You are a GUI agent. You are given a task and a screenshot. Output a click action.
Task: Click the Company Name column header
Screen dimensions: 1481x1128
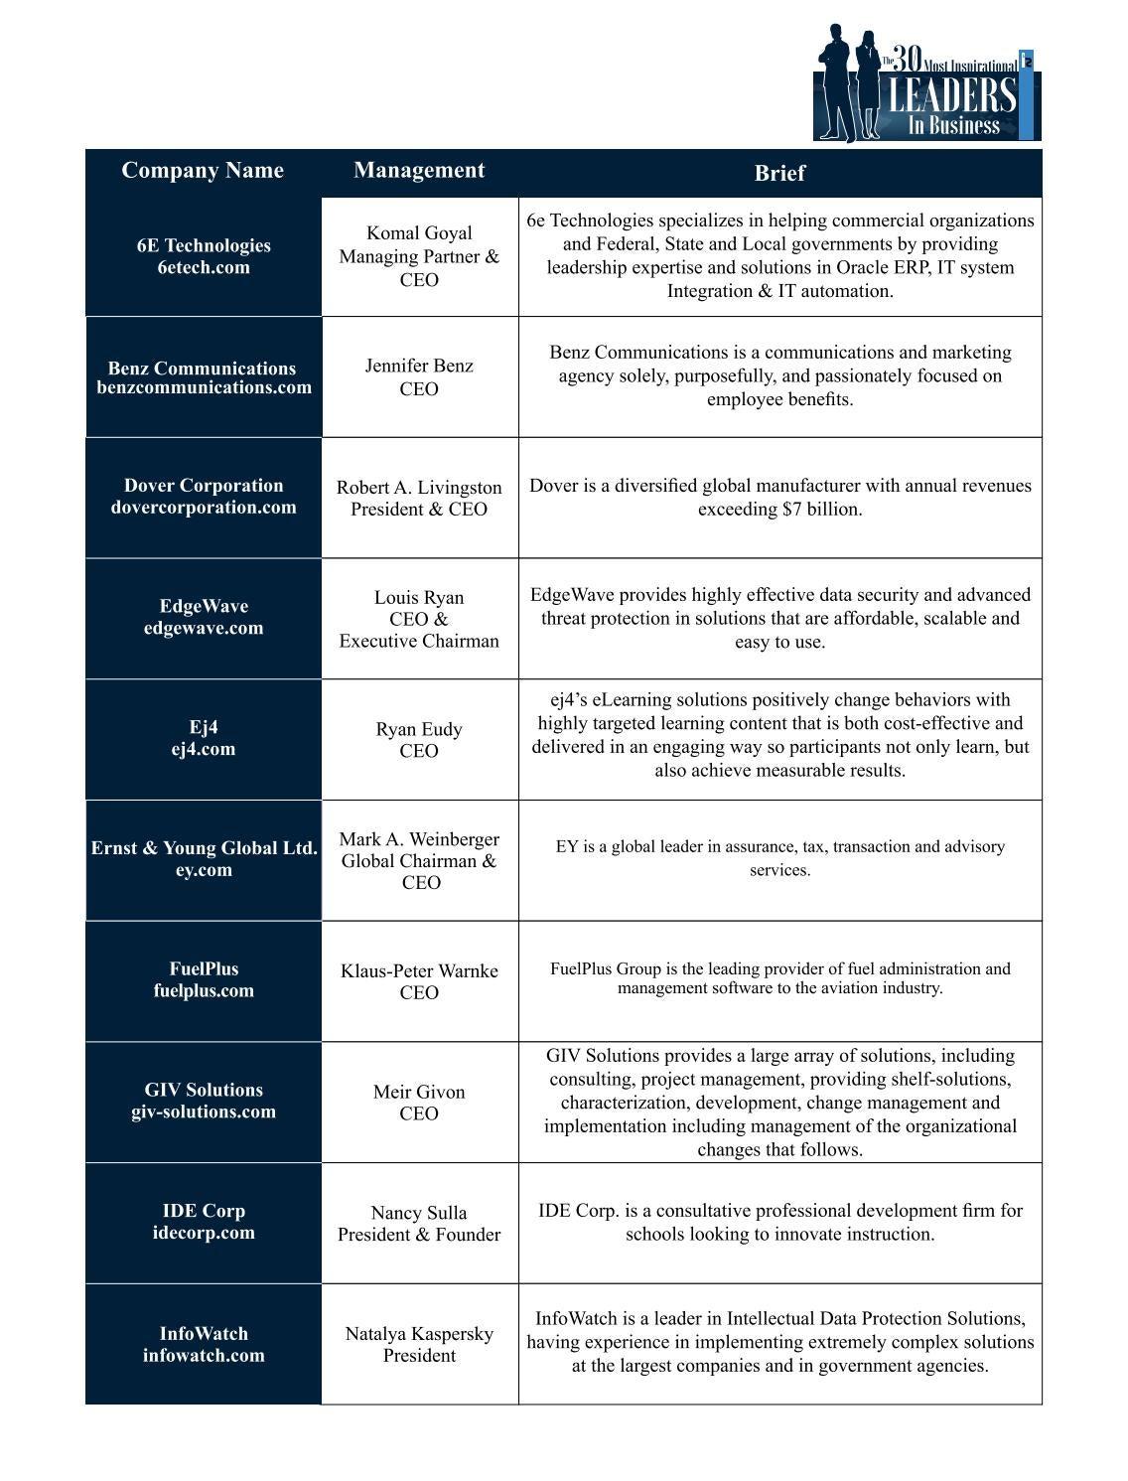[x=203, y=171]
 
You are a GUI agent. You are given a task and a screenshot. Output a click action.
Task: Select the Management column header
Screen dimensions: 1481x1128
[x=419, y=170]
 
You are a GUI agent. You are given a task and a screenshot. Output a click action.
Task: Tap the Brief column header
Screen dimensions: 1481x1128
[x=779, y=173]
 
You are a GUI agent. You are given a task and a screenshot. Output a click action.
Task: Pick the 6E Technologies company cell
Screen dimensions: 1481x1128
[x=204, y=256]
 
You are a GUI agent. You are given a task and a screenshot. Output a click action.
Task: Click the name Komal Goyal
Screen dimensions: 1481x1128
[x=419, y=233]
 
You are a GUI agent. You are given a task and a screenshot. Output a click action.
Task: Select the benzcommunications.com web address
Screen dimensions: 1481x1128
[x=204, y=387]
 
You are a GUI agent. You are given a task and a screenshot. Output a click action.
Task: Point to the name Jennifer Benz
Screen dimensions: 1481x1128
[x=419, y=366]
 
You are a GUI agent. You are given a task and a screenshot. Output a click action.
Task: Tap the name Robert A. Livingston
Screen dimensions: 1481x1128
[x=419, y=488]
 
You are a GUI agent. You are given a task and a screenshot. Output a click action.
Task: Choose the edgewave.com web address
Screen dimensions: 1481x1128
[x=204, y=628]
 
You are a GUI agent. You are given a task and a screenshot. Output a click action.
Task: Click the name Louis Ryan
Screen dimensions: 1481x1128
[x=419, y=598]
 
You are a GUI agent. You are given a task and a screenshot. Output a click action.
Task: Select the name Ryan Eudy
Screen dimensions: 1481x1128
[x=419, y=729]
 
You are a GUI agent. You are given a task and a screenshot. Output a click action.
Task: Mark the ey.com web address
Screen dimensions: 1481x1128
[x=204, y=870]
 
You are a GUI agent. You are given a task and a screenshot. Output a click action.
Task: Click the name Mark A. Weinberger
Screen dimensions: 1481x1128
[x=419, y=839]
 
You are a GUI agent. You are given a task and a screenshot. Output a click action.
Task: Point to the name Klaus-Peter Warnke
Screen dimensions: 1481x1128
[x=419, y=970]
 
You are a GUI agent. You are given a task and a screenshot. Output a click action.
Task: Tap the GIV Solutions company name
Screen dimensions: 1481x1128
[x=204, y=1090]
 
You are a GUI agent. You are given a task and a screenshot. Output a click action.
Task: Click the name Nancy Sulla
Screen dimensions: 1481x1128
[x=419, y=1213]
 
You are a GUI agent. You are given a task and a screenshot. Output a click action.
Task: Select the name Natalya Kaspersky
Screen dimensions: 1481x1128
[x=419, y=1334]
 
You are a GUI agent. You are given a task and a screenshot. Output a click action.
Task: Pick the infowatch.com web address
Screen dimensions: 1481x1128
[x=204, y=1356]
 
